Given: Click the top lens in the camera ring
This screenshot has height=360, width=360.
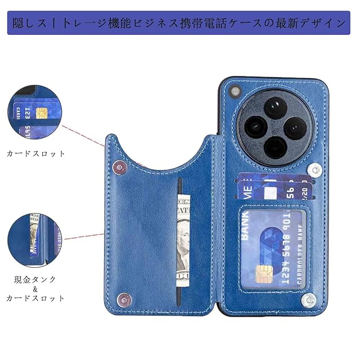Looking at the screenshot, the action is pyautogui.click(x=268, y=107).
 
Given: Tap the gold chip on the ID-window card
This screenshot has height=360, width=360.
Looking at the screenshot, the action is pyautogui.click(x=262, y=273).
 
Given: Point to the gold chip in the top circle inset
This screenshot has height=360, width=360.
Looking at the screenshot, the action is pyautogui.click(x=41, y=112).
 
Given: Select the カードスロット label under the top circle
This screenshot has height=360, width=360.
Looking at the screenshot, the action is pyautogui.click(x=36, y=153).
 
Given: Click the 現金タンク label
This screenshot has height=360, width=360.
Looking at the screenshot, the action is pyautogui.click(x=35, y=279).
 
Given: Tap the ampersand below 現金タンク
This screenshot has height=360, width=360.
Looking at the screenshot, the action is pyautogui.click(x=35, y=289).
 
